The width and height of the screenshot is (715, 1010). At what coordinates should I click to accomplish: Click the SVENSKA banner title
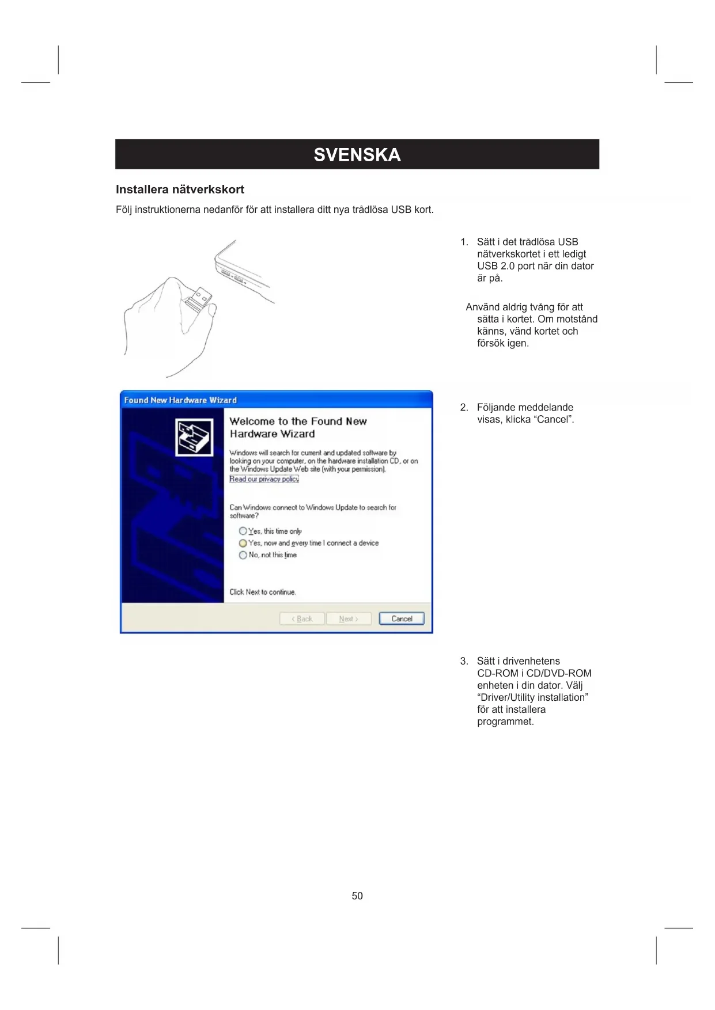pyautogui.click(x=357, y=154)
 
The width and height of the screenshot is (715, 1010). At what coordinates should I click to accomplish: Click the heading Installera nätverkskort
pyautogui.click(x=180, y=189)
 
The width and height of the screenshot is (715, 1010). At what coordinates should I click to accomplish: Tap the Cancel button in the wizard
pyautogui.click(x=402, y=618)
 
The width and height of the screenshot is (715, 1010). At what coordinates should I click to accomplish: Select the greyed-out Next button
pyautogui.click(x=348, y=618)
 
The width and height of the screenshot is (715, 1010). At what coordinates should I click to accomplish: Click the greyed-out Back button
pyautogui.click(x=302, y=618)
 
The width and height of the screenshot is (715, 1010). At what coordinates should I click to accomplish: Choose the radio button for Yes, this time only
pyautogui.click(x=243, y=531)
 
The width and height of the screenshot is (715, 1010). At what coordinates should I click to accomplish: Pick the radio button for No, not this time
pyautogui.click(x=243, y=555)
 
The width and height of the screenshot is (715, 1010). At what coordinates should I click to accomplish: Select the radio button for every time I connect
pyautogui.click(x=243, y=543)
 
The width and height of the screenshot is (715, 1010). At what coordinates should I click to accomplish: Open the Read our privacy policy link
pyautogui.click(x=264, y=479)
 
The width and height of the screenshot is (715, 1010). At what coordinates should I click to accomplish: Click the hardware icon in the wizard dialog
pyautogui.click(x=194, y=437)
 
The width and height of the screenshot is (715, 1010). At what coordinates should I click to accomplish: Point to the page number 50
pyautogui.click(x=357, y=895)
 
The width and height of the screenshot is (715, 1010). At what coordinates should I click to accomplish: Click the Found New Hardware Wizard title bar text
pyautogui.click(x=180, y=400)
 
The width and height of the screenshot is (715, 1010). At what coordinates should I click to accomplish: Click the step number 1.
pyautogui.click(x=464, y=242)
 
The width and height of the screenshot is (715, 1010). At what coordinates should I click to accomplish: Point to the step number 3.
pyautogui.click(x=464, y=661)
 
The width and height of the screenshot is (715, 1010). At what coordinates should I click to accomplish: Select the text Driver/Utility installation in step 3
pyautogui.click(x=532, y=697)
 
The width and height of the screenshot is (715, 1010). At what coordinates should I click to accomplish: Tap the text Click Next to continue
pyautogui.click(x=263, y=592)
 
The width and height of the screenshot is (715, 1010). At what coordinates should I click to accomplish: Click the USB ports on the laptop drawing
pyautogui.click(x=233, y=276)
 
